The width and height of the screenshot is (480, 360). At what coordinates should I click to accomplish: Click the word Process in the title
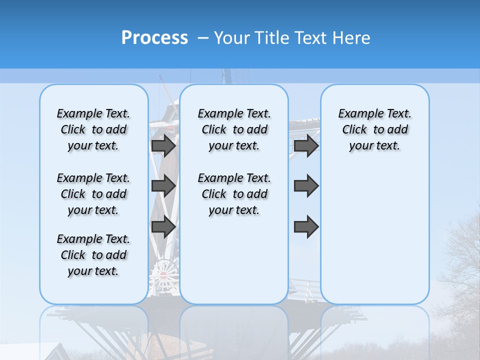click(x=154, y=38)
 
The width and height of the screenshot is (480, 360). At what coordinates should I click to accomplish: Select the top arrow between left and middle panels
click(x=163, y=145)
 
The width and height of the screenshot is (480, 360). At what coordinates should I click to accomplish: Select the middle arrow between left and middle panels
click(x=163, y=186)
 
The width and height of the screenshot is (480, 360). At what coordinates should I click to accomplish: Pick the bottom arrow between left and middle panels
click(x=163, y=227)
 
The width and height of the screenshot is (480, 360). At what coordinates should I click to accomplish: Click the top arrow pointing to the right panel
click(x=306, y=145)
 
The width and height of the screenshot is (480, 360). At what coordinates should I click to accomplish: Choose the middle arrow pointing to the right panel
click(x=306, y=186)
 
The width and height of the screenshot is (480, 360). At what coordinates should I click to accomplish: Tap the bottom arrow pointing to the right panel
click(x=306, y=227)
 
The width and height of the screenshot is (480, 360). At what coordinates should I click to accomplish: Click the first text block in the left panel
click(x=93, y=129)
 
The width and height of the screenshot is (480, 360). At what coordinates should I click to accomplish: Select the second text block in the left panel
click(x=93, y=194)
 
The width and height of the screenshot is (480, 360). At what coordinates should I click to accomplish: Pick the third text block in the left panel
click(x=93, y=255)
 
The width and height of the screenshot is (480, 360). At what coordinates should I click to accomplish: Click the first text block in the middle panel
click(x=234, y=129)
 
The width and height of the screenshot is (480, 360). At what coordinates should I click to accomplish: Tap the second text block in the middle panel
click(x=234, y=194)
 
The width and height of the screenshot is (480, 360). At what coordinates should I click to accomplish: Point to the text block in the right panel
click(x=374, y=129)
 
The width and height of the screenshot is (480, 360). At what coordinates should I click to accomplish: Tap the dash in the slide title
click(x=203, y=38)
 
